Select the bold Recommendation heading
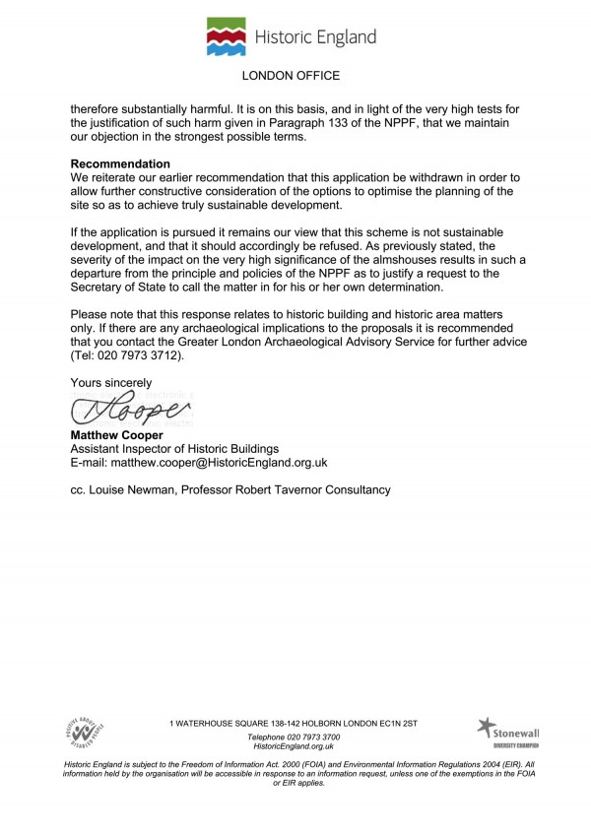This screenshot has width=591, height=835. tap(120, 163)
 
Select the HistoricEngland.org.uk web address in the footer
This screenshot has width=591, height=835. tap(295, 747)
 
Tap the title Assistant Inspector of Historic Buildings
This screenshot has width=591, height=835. tap(175, 447)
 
